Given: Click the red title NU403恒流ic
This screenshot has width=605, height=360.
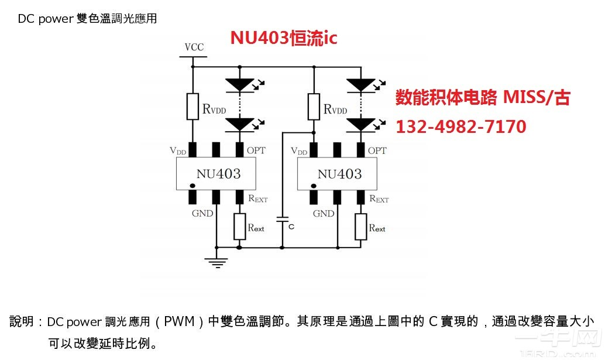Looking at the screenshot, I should tap(284, 38).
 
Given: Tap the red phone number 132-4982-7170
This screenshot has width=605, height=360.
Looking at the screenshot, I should tap(461, 126).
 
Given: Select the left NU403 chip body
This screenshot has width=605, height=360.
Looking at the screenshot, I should tap(216, 174).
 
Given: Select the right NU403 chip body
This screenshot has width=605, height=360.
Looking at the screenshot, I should tap(338, 174).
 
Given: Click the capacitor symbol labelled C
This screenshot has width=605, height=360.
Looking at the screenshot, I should tap(282, 221).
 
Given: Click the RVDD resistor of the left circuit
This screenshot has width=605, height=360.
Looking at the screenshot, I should tap(192, 106).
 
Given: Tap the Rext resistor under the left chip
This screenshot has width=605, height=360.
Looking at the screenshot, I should tap(239, 227).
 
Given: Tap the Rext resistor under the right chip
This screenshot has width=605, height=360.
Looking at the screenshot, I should tap(361, 227).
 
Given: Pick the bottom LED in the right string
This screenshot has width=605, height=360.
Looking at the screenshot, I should tap(361, 124).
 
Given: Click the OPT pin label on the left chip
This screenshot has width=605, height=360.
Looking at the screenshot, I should tap(256, 150).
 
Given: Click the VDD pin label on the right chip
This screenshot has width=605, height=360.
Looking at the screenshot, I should tap(298, 152).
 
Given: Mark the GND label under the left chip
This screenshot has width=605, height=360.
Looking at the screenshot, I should tap(202, 214).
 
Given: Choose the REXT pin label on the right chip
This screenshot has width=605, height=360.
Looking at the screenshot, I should tap(379, 199).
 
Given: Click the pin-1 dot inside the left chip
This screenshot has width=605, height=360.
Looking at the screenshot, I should tap(192, 186).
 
